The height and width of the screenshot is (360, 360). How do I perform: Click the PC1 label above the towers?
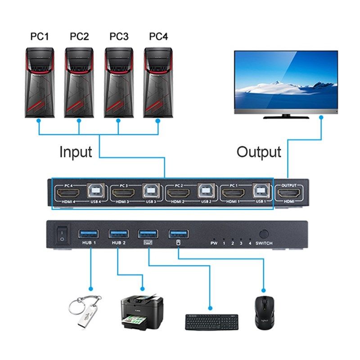[39, 36]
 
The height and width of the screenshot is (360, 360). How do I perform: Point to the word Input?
[76, 152]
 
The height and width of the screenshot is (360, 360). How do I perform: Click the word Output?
[259, 152]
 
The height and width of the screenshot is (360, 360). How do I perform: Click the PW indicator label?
[214, 243]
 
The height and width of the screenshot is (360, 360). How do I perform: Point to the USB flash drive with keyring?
[85, 310]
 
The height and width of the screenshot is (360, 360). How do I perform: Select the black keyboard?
[211, 321]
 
